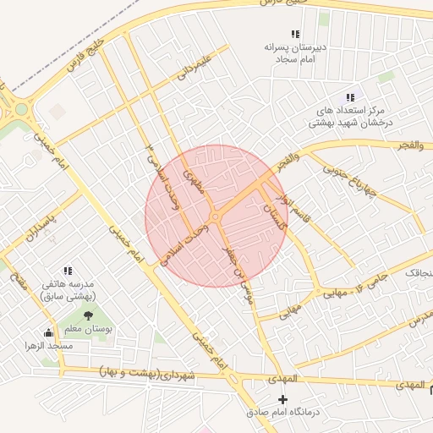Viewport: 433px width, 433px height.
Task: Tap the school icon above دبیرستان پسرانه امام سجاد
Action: pyautogui.click(x=295, y=34)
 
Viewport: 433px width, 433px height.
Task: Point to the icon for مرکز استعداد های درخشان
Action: pyautogui.click(x=350, y=98)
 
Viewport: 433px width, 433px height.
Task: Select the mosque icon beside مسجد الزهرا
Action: pyautogui.click(x=48, y=332)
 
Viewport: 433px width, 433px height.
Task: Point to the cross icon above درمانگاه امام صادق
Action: pyautogui.click(x=283, y=398)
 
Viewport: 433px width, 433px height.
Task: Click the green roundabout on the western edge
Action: pyautogui.click(x=18, y=110)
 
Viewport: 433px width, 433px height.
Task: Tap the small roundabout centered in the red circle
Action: pyautogui.click(x=216, y=217)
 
